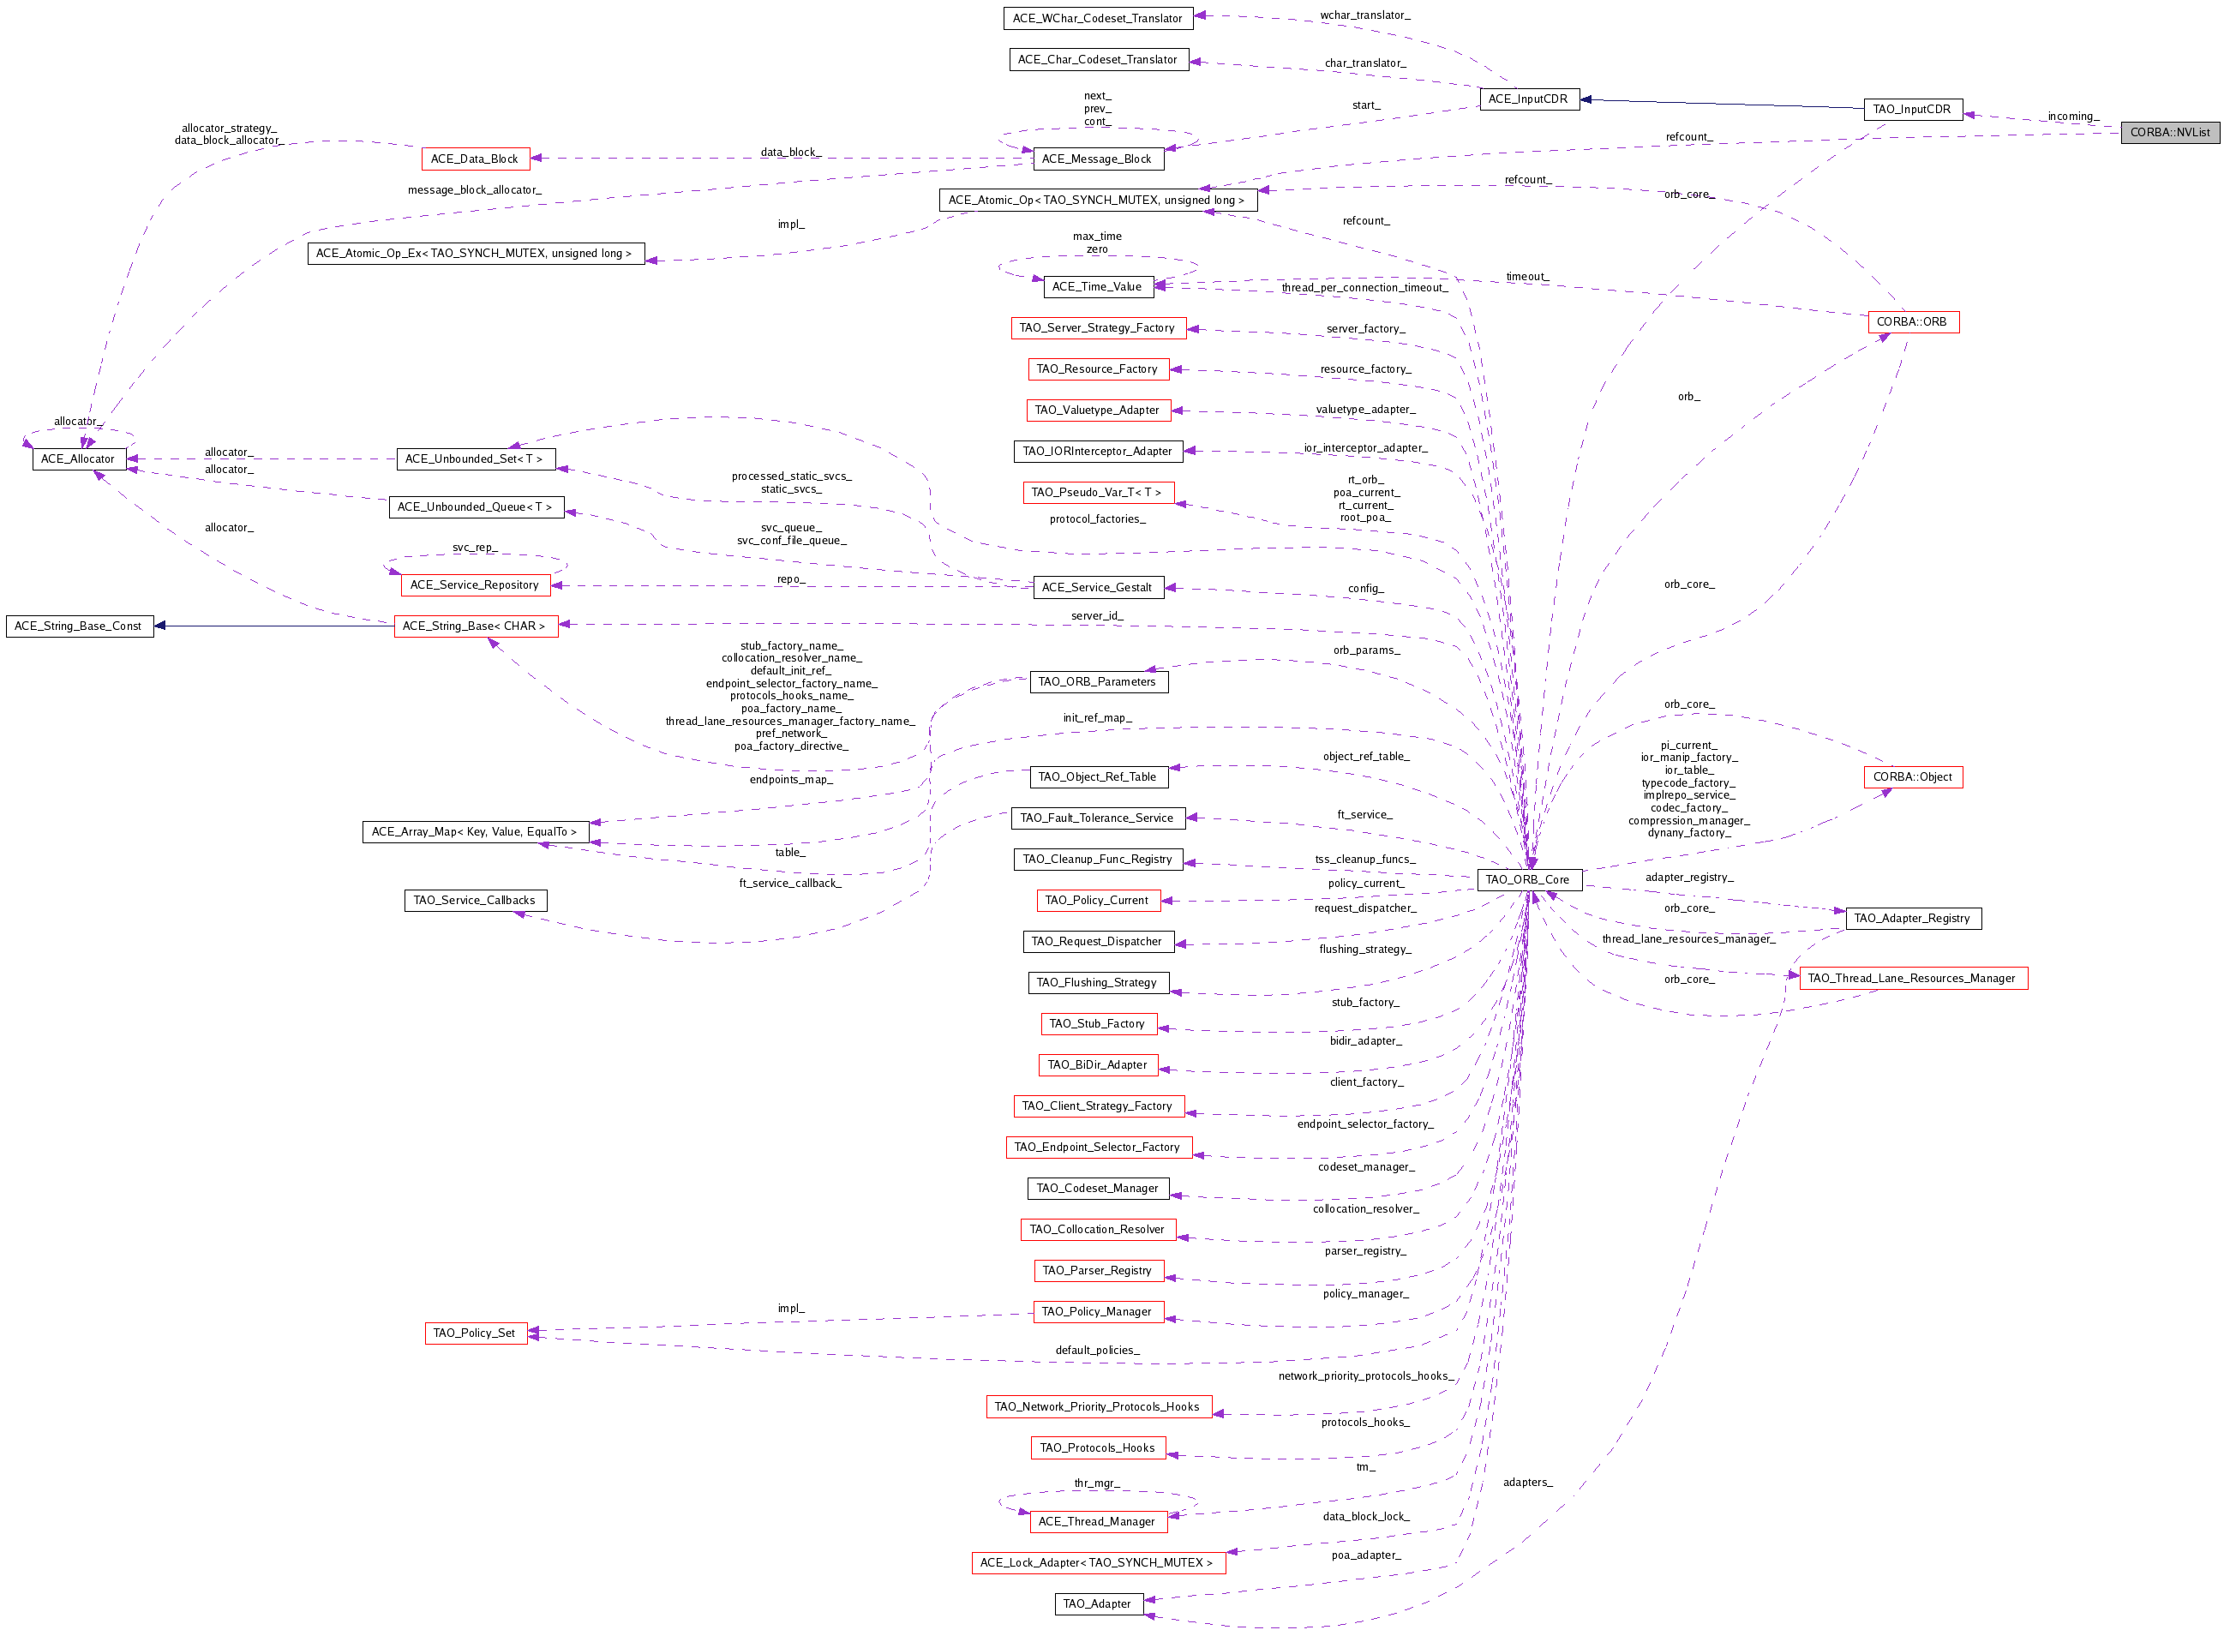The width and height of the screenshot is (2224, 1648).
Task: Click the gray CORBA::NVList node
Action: click(2168, 133)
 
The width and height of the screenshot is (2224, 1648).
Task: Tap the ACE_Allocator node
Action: click(79, 458)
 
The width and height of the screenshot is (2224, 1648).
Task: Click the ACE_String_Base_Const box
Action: click(79, 626)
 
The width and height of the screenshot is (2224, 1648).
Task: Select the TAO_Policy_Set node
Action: click(474, 1333)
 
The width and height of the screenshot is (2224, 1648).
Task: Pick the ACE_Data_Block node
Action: click(474, 159)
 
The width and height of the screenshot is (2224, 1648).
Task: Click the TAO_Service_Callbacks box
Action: click(474, 901)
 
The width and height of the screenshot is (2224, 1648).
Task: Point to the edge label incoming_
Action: click(2071, 117)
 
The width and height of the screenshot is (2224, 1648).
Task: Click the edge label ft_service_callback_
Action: click(789, 883)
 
